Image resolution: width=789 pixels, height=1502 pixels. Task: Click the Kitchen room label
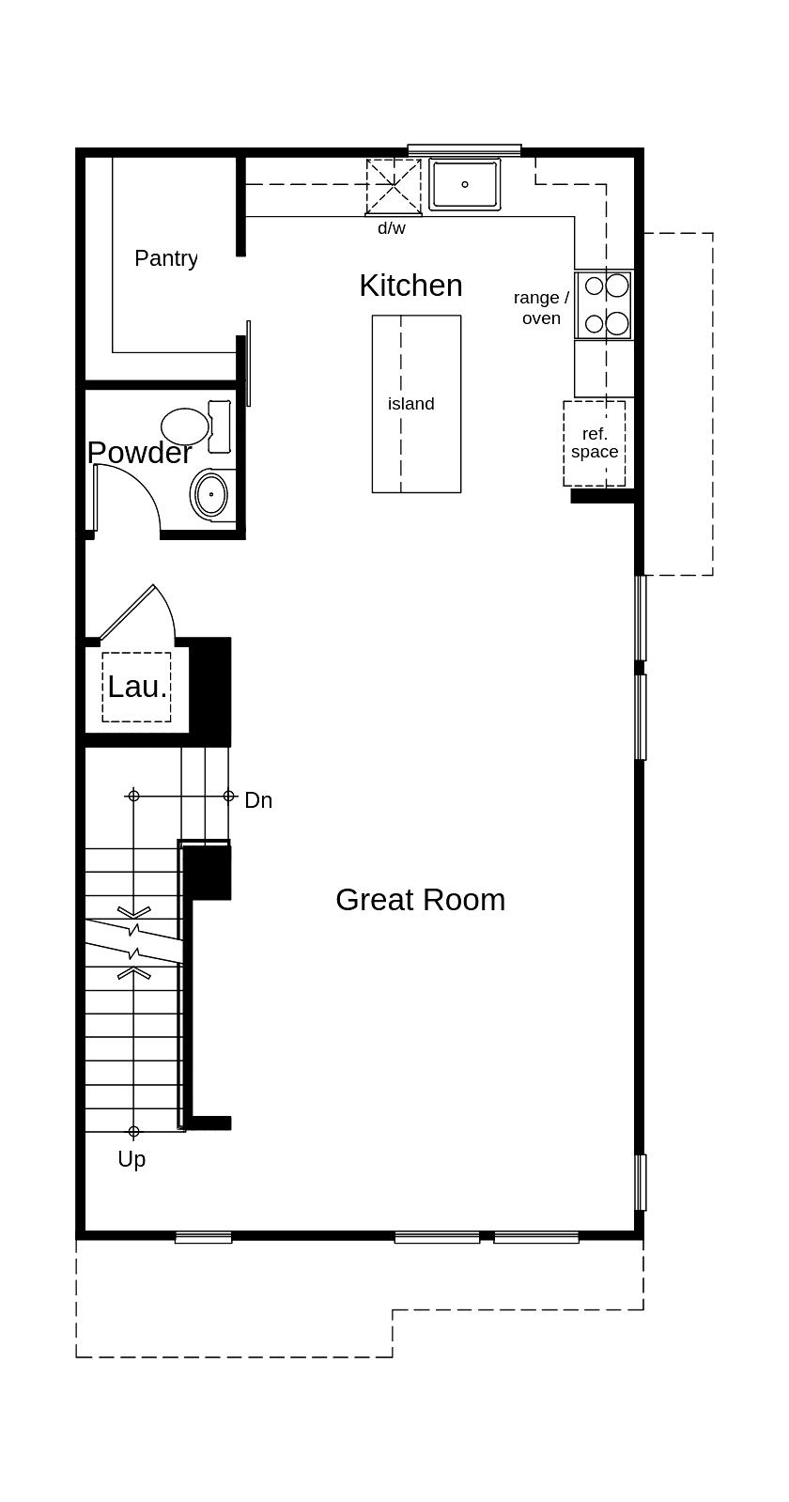[x=410, y=286]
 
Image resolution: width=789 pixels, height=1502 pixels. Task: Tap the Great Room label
[x=420, y=900]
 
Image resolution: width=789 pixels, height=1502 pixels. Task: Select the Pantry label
[x=165, y=258]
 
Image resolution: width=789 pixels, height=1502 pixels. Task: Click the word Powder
[x=139, y=453]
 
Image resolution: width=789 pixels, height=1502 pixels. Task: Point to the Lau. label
[x=137, y=687]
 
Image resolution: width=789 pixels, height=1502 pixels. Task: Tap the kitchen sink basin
[x=465, y=184]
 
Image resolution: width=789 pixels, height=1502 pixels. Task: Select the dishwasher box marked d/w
[x=394, y=187]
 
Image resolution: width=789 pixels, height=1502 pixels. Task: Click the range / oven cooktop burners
[x=605, y=304]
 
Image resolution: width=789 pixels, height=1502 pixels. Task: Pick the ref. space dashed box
[x=595, y=443]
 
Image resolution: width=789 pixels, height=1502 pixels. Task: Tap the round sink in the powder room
[x=211, y=494]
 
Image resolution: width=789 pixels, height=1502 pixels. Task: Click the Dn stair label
[x=258, y=800]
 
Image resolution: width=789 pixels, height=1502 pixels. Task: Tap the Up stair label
[x=131, y=1159]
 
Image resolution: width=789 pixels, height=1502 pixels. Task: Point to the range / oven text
[x=541, y=308]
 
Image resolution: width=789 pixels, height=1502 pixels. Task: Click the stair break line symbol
[x=134, y=943]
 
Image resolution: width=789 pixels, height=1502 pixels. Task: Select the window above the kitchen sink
[x=464, y=150]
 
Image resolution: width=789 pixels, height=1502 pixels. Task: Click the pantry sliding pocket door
[x=248, y=363]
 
